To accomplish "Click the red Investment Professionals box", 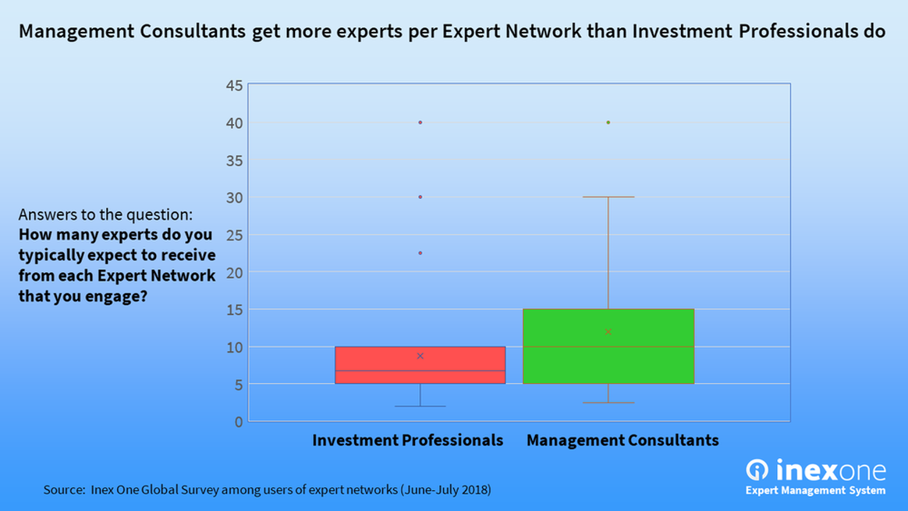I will point(420,365).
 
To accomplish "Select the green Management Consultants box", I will point(608,346).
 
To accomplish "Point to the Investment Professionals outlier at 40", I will point(420,122).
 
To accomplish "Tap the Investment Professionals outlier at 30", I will point(420,197).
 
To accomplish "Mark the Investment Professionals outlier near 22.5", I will point(420,253).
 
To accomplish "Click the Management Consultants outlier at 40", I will point(608,122).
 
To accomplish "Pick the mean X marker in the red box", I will point(420,356).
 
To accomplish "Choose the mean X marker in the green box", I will point(608,332).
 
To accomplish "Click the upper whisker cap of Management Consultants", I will point(608,197).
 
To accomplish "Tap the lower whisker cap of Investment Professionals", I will point(420,406).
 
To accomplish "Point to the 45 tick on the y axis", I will point(234,85).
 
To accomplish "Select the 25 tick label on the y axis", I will point(234,235).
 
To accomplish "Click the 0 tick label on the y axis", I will point(239,422).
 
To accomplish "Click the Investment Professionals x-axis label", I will point(407,440).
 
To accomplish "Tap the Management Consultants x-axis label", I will point(622,440).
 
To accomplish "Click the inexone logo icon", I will point(757,470).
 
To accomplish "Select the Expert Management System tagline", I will point(815,491).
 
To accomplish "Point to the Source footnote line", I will point(267,490).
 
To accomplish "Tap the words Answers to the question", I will point(105,215).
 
